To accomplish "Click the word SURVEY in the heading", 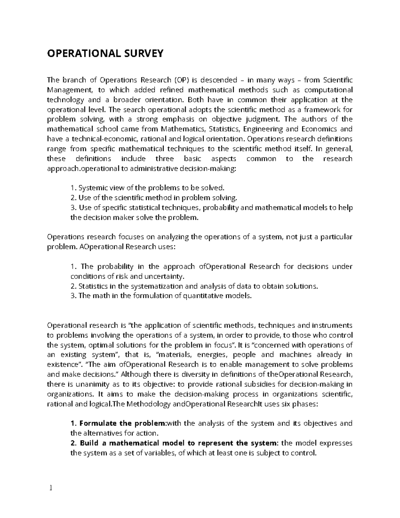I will [144, 53].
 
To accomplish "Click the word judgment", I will [260, 119].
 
